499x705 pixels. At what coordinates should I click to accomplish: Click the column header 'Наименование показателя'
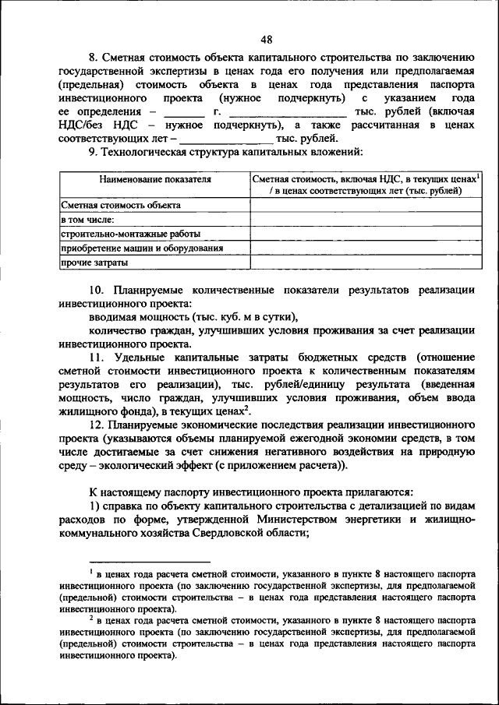154,179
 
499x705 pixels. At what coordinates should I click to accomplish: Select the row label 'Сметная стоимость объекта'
121,205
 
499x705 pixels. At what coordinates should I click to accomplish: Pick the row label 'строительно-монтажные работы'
130,234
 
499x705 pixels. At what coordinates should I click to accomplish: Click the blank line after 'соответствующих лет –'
221,140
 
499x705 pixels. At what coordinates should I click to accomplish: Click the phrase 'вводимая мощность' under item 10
134,316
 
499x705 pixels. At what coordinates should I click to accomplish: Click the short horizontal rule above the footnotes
150,561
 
